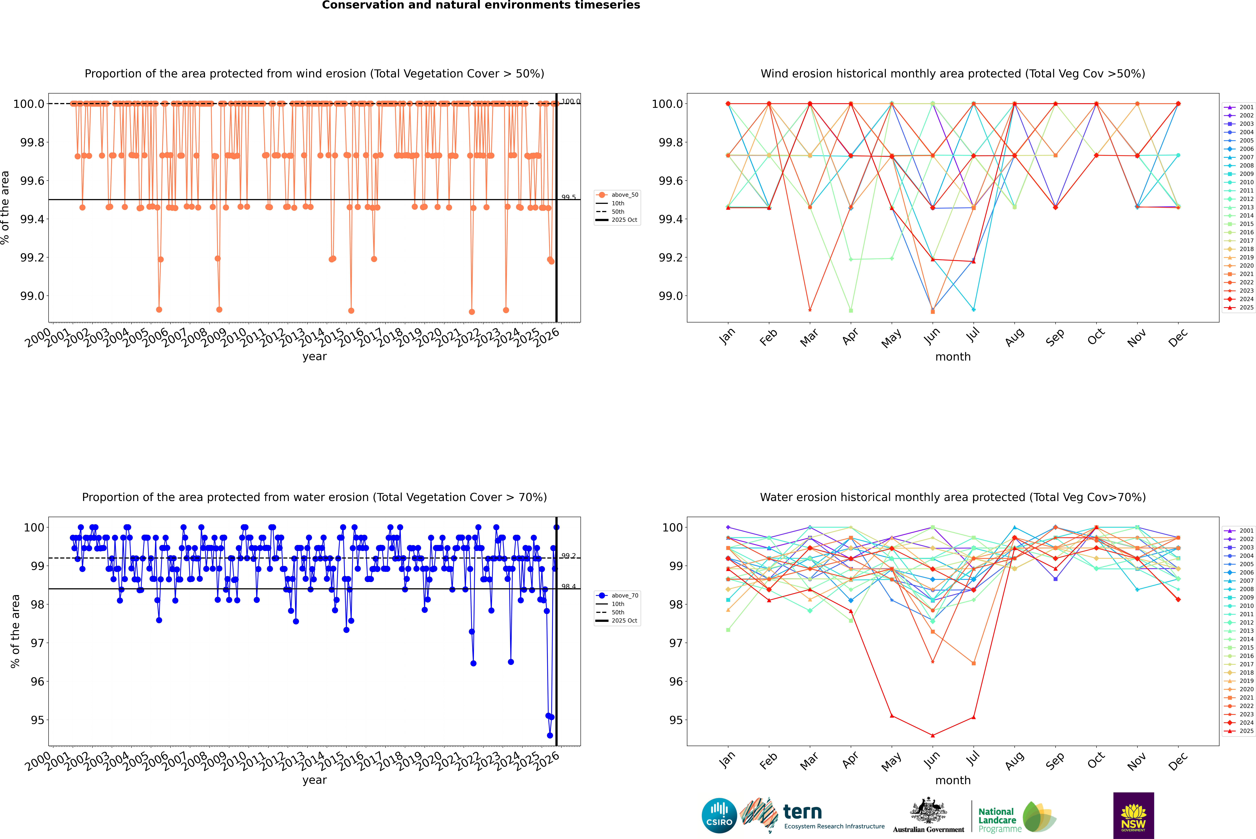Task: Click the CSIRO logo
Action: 719,815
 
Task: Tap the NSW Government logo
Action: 1133,815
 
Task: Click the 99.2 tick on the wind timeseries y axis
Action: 32,257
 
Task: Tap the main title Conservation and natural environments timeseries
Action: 481,5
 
